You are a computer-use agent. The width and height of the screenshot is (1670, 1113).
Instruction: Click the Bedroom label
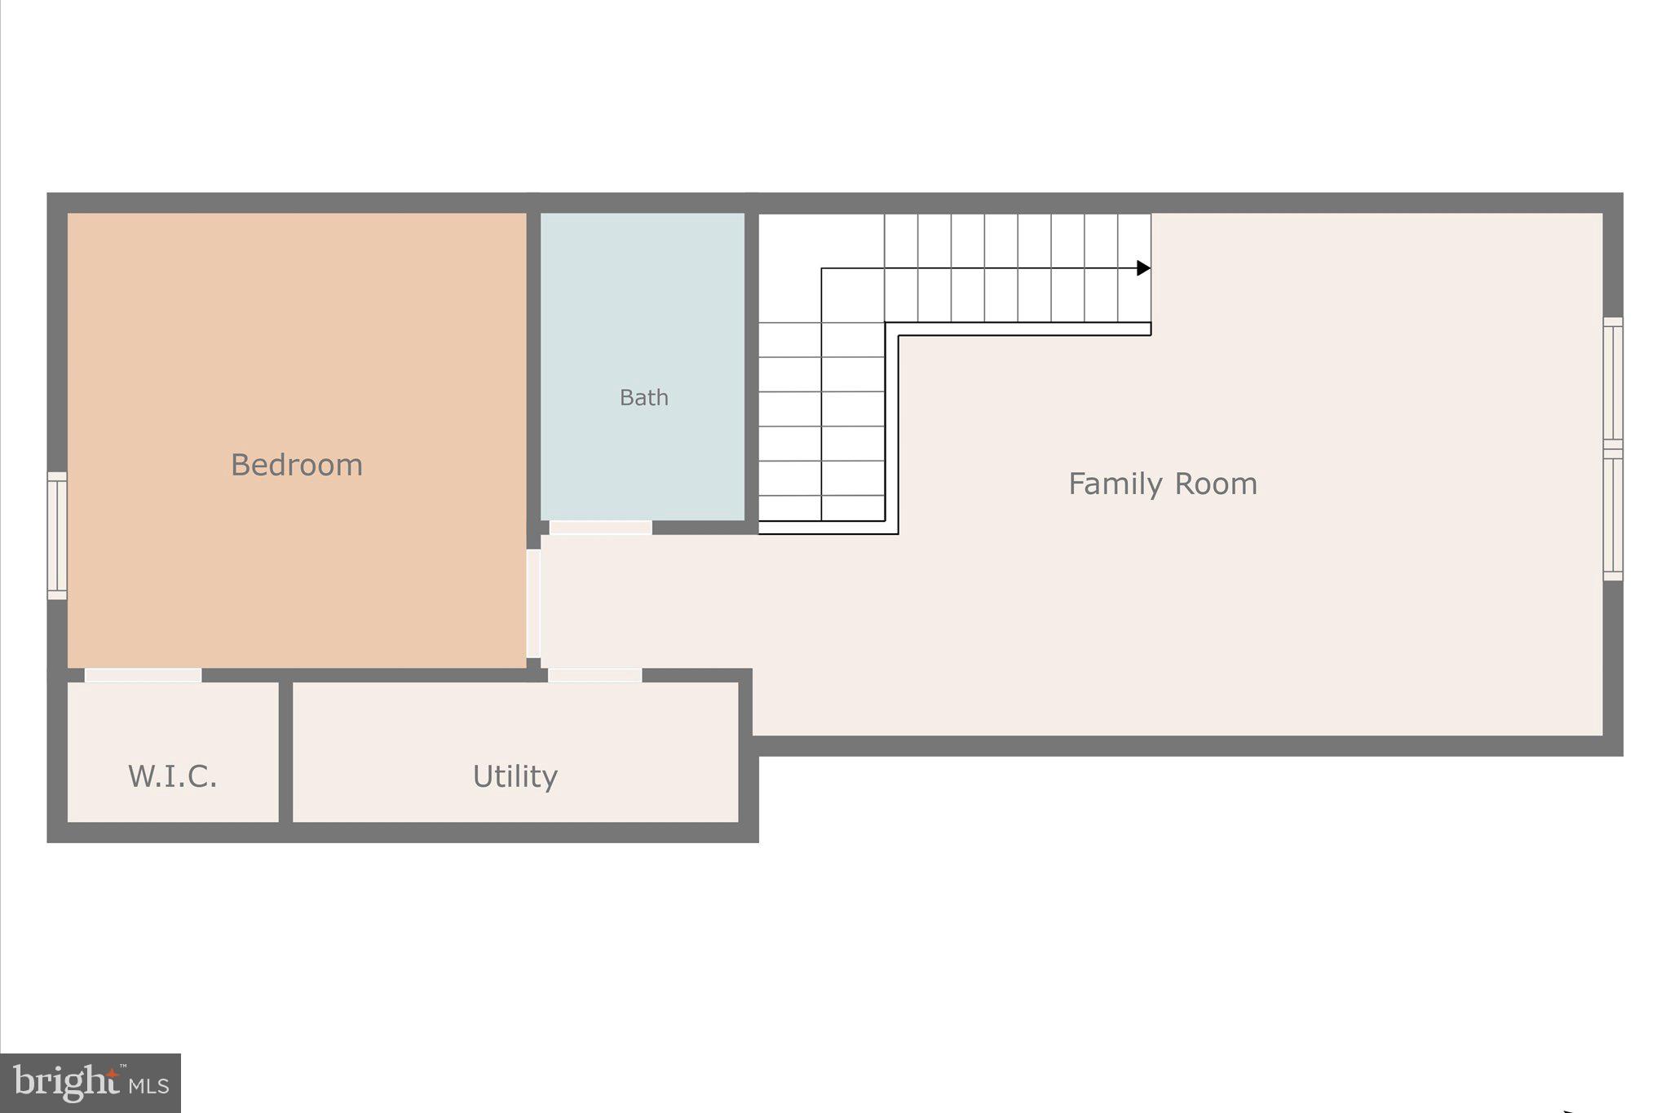(x=296, y=465)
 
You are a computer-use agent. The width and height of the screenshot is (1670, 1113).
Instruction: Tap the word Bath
(x=643, y=398)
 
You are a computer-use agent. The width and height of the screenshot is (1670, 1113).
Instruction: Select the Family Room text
(x=1162, y=484)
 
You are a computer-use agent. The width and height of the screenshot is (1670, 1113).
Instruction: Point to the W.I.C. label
(x=173, y=776)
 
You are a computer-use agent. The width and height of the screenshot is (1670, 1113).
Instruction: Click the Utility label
(x=515, y=776)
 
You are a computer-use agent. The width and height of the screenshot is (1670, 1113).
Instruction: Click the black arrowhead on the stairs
(x=1143, y=268)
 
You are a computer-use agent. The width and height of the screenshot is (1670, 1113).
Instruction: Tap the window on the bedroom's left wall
(x=57, y=536)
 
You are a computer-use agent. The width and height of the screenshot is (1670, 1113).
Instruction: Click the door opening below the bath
(x=600, y=528)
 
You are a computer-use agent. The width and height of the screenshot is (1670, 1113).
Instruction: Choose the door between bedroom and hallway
(x=533, y=603)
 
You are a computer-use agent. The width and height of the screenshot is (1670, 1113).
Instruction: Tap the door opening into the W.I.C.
(x=144, y=675)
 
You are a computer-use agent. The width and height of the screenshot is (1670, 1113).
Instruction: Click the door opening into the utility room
(x=594, y=675)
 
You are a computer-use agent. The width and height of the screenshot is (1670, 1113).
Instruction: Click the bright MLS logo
(x=90, y=1083)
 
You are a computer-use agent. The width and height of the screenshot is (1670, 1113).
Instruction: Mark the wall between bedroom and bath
(x=533, y=367)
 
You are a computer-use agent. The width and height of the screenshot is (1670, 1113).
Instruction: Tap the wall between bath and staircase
(x=751, y=367)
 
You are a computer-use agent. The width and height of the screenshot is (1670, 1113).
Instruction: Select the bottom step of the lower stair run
(x=821, y=508)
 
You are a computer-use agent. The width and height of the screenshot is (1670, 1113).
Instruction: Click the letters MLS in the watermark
(x=148, y=1086)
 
